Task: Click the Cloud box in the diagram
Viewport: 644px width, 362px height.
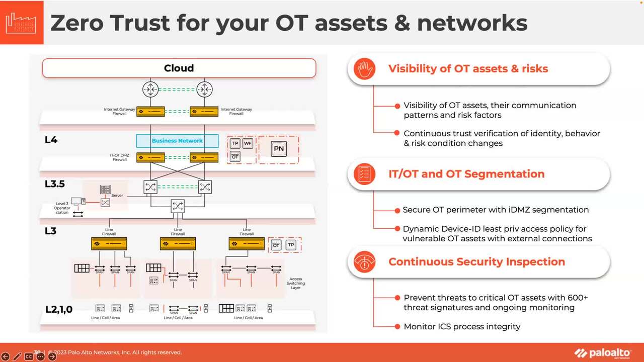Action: click(x=179, y=68)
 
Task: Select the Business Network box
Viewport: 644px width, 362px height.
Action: click(x=177, y=141)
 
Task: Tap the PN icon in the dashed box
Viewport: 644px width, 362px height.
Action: click(x=278, y=148)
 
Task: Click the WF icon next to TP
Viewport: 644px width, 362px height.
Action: click(x=248, y=143)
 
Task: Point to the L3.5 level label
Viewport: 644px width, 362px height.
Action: click(x=55, y=184)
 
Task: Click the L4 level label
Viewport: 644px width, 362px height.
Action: click(x=51, y=140)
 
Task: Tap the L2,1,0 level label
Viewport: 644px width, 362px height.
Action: click(x=59, y=309)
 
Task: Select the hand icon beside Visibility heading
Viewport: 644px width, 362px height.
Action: click(x=364, y=69)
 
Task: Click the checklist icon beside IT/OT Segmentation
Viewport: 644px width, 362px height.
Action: click(x=364, y=174)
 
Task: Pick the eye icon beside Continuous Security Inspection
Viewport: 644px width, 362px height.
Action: click(x=364, y=262)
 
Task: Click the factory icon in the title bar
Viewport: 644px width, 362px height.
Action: click(x=22, y=23)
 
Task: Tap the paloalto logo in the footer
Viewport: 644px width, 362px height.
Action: click(x=602, y=352)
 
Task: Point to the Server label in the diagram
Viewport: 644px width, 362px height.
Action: click(x=117, y=196)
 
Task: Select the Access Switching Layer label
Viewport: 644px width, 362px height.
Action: click(x=296, y=283)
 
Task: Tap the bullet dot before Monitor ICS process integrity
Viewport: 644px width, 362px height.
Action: click(x=397, y=326)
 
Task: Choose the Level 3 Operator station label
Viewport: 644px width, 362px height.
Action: click(x=62, y=208)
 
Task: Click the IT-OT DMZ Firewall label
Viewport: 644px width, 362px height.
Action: click(x=120, y=157)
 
